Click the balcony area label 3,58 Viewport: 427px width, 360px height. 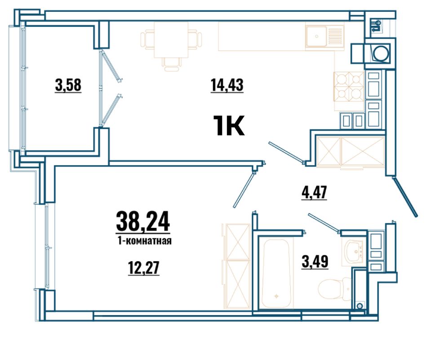tap(68, 84)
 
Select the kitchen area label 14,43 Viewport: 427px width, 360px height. tap(227, 84)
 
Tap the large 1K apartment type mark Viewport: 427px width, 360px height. tap(228, 125)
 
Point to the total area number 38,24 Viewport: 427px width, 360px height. tap(143, 222)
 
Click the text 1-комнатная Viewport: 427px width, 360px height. tap(144, 241)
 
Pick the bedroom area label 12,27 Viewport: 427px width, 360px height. tap(143, 268)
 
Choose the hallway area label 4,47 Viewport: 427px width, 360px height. tap(314, 192)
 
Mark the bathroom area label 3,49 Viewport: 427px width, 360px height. tap(315, 262)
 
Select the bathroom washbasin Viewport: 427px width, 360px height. tap(353, 251)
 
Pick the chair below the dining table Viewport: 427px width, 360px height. tap(172, 64)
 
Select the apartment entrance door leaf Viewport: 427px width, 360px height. tap(405, 196)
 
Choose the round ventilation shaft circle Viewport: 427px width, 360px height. tap(380, 53)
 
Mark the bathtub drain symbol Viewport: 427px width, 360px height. tap(277, 296)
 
